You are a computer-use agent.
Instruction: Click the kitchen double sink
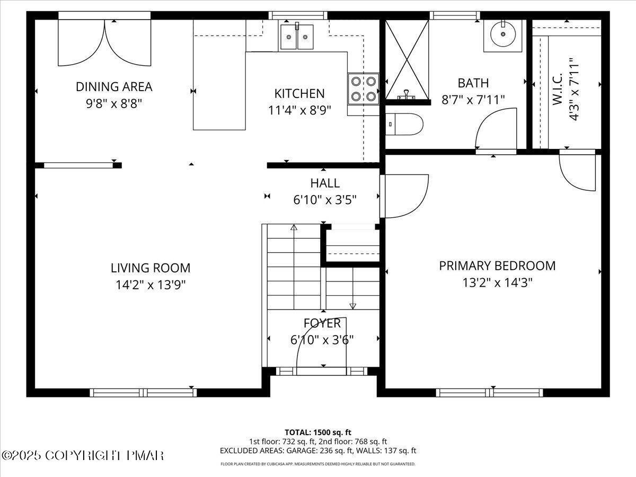[x=297, y=37]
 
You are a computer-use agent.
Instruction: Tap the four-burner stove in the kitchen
[x=363, y=89]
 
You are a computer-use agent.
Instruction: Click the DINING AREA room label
[x=114, y=86]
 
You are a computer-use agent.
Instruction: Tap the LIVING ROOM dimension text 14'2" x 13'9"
[x=151, y=285]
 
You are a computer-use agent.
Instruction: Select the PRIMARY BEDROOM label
[x=497, y=266]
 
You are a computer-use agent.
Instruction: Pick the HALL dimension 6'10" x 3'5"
[x=325, y=200]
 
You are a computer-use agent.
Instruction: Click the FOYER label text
[x=322, y=323]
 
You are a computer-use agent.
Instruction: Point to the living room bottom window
[x=143, y=393]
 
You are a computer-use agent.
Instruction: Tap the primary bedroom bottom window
[x=489, y=393]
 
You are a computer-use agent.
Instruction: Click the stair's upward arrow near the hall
[x=294, y=228]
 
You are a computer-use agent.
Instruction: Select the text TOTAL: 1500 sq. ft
[x=318, y=432]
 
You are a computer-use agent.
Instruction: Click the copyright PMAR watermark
[x=83, y=455]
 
